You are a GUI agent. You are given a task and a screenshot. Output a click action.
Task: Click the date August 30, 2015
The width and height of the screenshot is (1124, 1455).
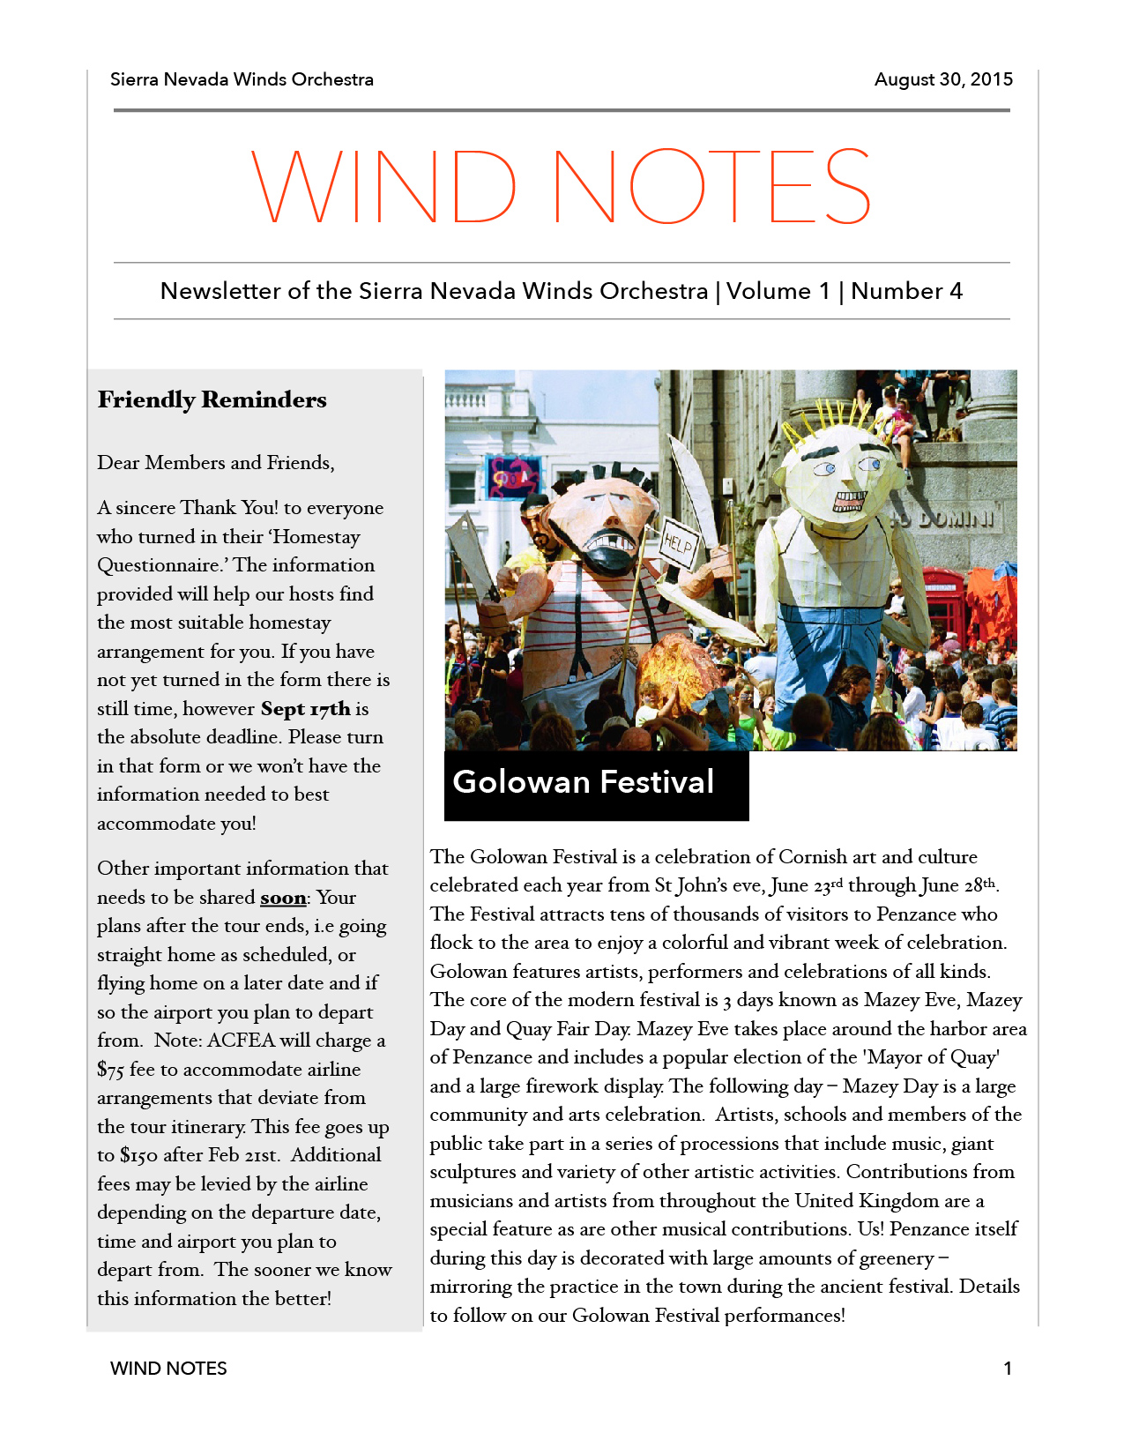click(943, 79)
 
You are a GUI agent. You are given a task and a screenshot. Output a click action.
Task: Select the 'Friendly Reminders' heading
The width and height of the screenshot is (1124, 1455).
click(212, 399)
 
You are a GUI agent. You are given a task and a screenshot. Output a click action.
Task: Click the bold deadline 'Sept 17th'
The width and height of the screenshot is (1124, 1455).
click(305, 709)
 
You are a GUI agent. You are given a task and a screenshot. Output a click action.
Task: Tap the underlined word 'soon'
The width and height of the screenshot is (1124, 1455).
click(283, 898)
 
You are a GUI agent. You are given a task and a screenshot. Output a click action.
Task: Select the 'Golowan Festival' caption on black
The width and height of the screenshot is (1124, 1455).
click(584, 782)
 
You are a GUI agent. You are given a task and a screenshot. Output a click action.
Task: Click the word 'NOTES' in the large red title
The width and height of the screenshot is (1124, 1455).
click(712, 186)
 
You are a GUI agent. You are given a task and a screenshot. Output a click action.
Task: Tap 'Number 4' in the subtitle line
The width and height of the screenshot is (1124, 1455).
click(906, 291)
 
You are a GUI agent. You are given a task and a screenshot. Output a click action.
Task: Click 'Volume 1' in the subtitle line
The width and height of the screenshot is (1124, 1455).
click(778, 291)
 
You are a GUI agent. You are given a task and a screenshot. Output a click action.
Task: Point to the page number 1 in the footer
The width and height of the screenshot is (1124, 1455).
click(1008, 1369)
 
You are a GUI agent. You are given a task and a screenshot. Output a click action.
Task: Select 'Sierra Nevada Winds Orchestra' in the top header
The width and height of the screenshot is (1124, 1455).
click(242, 79)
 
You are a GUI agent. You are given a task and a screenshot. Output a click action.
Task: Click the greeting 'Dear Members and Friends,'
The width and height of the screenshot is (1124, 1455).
click(216, 463)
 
